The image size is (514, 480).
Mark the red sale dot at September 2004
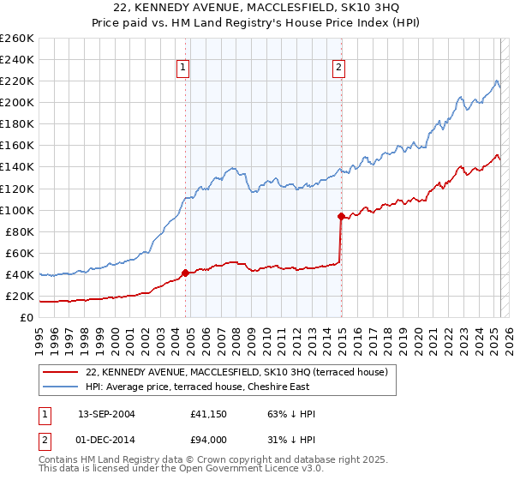[x=185, y=273]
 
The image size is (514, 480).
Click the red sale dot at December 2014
[x=341, y=216]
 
